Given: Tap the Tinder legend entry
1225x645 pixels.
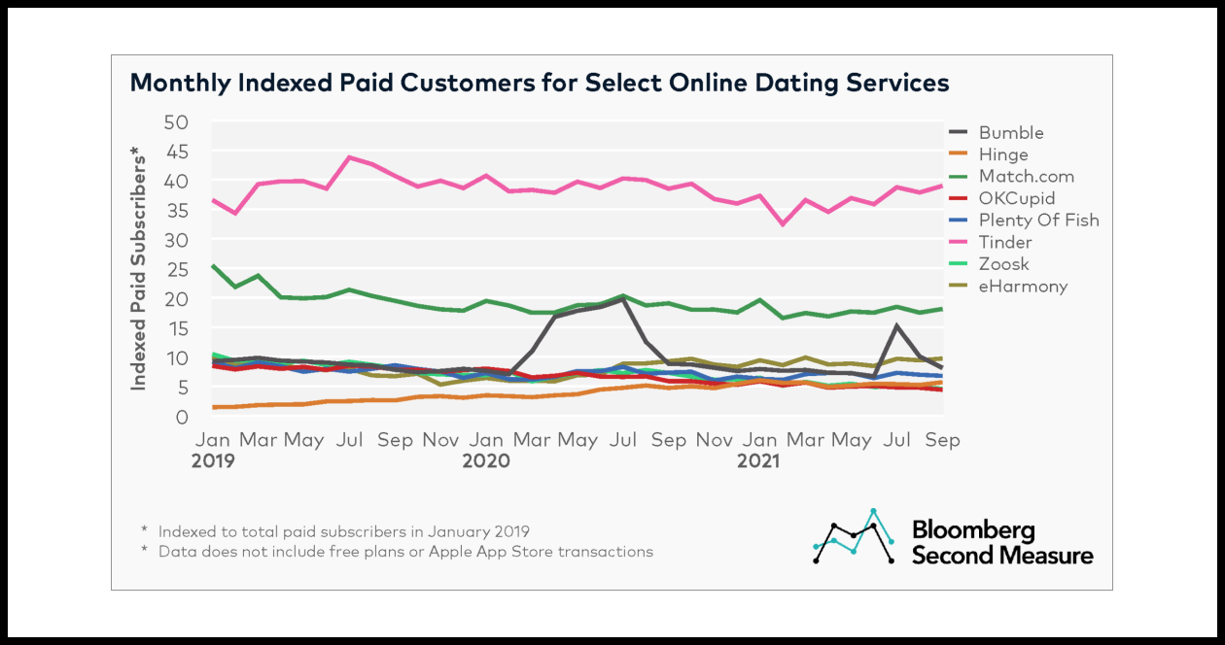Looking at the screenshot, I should pyautogui.click(x=1005, y=242).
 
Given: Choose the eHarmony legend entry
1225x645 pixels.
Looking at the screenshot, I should pyautogui.click(x=1023, y=286).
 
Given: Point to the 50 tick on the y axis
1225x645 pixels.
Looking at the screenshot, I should pyautogui.click(x=176, y=123).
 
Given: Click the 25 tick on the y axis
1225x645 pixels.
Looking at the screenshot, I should pyautogui.click(x=176, y=270).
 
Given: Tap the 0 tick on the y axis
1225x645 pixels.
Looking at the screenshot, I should pyautogui.click(x=182, y=418).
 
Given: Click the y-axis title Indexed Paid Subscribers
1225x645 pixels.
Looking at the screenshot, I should pyautogui.click(x=139, y=267).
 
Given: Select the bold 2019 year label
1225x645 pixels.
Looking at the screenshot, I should pyautogui.click(x=213, y=461).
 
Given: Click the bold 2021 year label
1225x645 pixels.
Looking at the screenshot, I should pyautogui.click(x=758, y=461).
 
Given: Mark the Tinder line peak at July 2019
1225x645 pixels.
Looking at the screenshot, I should pyautogui.click(x=349, y=157).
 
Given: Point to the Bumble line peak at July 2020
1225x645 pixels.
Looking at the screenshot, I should pyautogui.click(x=622, y=299).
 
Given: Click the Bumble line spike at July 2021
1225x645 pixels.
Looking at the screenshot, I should pyautogui.click(x=896, y=325).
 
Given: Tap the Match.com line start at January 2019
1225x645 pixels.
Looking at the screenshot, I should pyautogui.click(x=213, y=265).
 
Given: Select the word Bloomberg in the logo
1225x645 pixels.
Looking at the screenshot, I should pyautogui.click(x=972, y=530).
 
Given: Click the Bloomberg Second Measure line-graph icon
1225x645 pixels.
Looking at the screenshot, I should pyautogui.click(x=855, y=536).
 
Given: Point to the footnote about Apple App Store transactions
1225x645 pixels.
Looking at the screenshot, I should pyautogui.click(x=405, y=552).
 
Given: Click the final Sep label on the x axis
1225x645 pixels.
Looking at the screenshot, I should pyautogui.click(x=941, y=440).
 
